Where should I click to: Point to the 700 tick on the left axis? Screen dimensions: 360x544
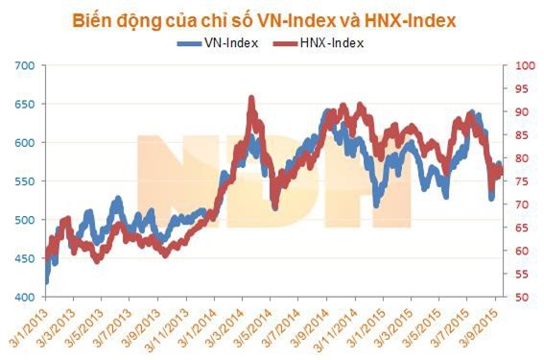24,65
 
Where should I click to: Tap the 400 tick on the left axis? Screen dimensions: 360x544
24,298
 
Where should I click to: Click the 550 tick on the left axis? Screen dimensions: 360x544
24,181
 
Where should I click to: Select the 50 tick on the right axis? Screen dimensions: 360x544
524,298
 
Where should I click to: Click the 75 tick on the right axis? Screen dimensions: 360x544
524,181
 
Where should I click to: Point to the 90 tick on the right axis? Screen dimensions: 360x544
524,112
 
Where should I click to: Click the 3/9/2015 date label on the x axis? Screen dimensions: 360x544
480,330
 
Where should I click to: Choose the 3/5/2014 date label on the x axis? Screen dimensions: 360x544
255,330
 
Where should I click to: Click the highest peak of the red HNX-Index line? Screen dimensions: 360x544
251,98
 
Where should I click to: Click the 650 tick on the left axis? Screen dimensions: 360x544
24,104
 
